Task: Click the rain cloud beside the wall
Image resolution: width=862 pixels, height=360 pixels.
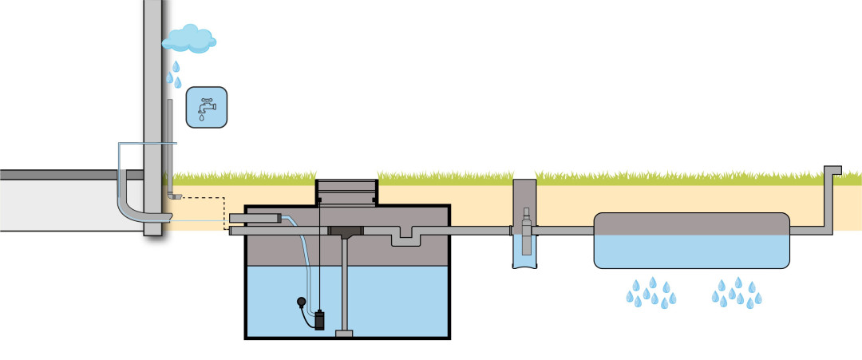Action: [x=189, y=37]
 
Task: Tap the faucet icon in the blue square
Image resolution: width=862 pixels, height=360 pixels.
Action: [x=206, y=108]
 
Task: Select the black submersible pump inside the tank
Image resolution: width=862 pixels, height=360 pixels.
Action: [x=319, y=319]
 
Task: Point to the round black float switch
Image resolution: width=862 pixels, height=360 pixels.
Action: [x=300, y=303]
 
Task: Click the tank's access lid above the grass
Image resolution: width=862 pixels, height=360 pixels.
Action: [x=346, y=191]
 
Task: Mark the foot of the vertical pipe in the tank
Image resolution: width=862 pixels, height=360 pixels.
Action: [x=345, y=332]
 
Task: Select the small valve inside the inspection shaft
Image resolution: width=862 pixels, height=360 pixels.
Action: [x=524, y=217]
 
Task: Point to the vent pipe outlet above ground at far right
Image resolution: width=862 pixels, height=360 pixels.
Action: [x=832, y=171]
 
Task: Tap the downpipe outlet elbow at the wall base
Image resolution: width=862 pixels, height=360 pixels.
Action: [x=175, y=195]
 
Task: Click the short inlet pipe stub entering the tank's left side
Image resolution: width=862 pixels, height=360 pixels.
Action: [x=255, y=217]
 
